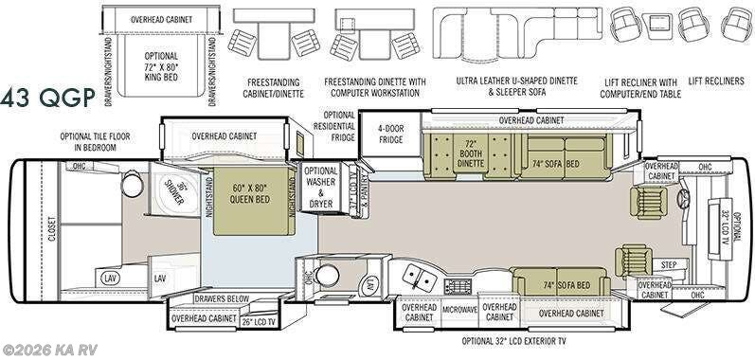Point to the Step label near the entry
(641, 264)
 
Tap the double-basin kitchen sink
(416, 276)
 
